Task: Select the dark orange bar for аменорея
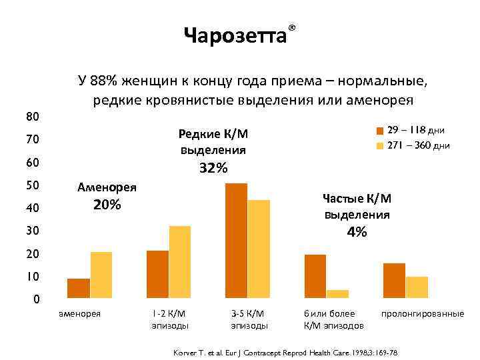79,288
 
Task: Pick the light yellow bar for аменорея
101,275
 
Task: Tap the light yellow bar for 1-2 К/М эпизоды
180,262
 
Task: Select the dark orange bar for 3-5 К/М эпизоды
236,240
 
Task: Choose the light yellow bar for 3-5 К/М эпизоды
259,249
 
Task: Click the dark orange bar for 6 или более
315,276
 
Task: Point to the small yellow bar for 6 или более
338,293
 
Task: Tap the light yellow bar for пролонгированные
417,287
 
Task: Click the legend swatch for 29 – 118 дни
379,130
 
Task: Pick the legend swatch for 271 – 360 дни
379,145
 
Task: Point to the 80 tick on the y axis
32,117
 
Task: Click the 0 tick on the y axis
37,299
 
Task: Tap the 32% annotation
213,168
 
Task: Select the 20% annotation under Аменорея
107,205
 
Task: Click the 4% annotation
357,232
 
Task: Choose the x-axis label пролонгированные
422,313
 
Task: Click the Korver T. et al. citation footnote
293,351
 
